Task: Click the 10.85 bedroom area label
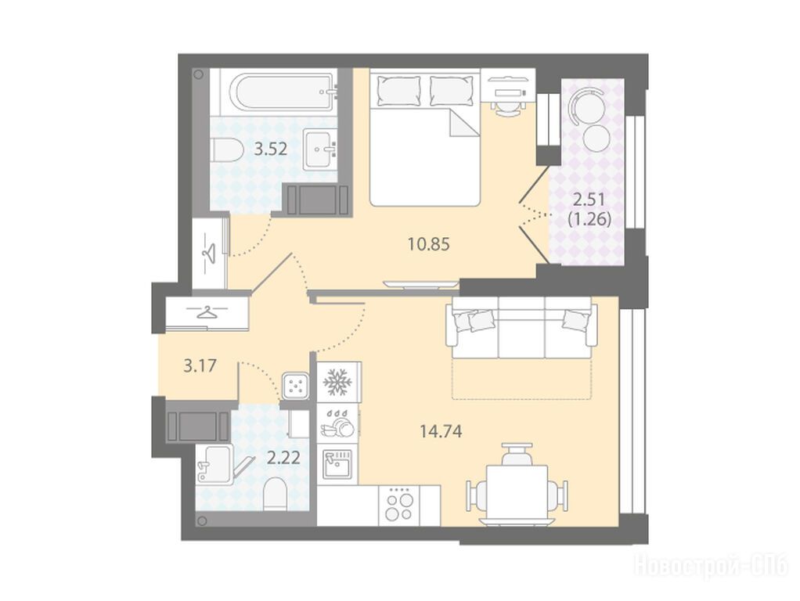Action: click(x=429, y=244)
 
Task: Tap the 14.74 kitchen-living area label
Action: click(x=441, y=432)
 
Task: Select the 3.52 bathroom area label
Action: click(x=271, y=149)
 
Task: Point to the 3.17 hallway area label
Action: click(x=200, y=365)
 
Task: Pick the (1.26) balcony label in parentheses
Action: click(x=589, y=219)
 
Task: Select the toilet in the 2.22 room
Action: click(x=276, y=493)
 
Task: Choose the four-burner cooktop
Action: click(x=399, y=505)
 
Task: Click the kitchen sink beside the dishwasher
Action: click(x=337, y=464)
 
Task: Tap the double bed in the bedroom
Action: click(x=425, y=138)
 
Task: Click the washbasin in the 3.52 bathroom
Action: click(x=319, y=149)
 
